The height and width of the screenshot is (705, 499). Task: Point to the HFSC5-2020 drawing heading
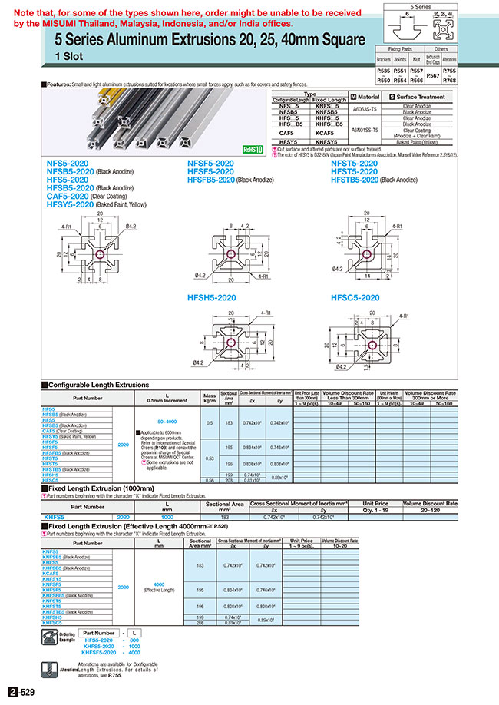pos(355,297)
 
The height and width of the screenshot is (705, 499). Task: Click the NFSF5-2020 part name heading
pos(210,164)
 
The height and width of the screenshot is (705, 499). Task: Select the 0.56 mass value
pos(207,480)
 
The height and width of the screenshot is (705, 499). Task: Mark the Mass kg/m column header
pos(207,397)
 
